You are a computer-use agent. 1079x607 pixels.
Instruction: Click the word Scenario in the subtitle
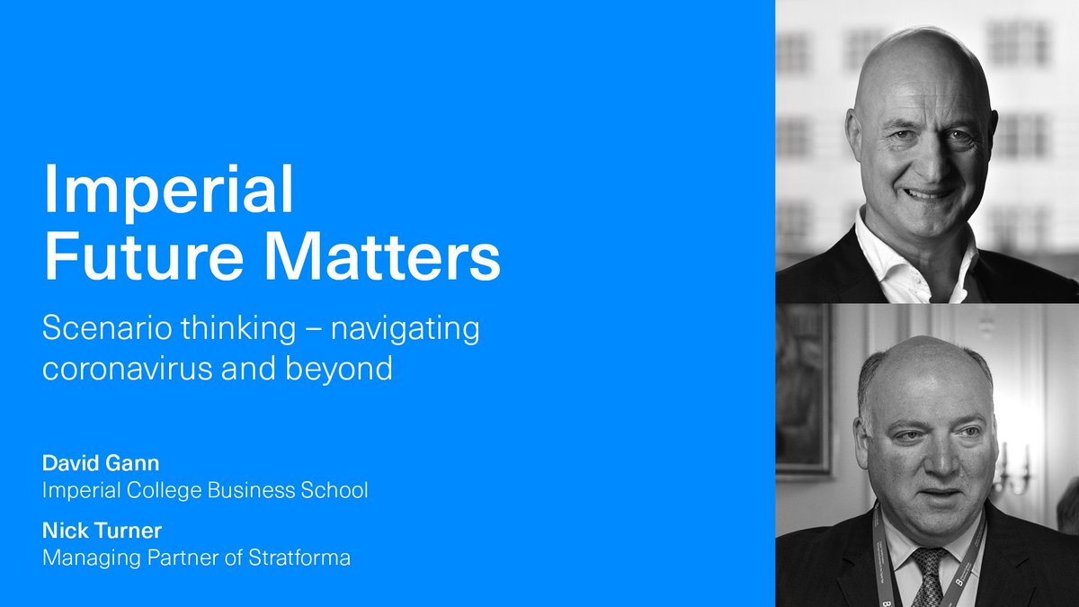[x=107, y=330]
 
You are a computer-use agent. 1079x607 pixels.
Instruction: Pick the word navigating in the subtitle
[x=406, y=330]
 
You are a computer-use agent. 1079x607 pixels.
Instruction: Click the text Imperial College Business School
[x=205, y=491]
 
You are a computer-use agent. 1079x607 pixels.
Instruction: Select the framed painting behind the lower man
[x=802, y=387]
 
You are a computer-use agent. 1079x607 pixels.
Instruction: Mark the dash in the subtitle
[x=313, y=330]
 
